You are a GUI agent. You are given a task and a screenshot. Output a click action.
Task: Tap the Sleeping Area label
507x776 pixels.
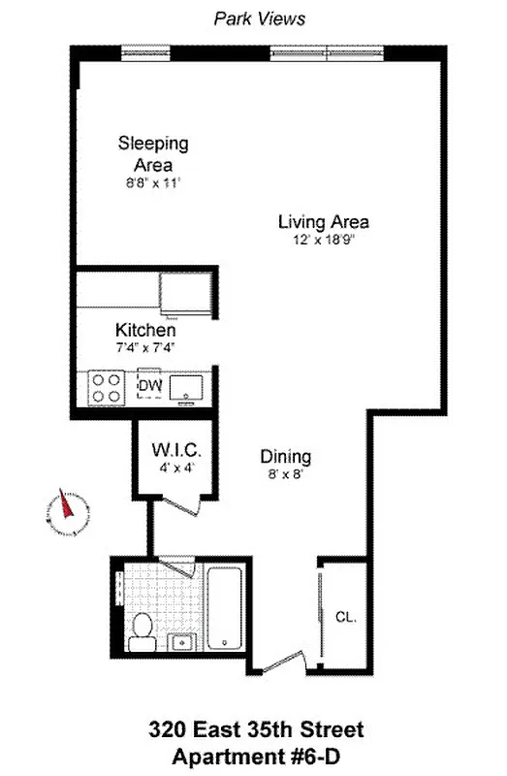click(x=152, y=153)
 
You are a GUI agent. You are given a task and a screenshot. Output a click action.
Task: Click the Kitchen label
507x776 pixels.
click(x=145, y=330)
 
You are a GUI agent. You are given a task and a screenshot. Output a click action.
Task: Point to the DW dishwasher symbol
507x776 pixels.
click(x=149, y=386)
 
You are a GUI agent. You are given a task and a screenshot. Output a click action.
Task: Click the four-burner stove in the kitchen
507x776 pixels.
click(x=106, y=388)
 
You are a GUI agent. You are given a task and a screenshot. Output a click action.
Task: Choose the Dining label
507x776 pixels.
click(x=285, y=456)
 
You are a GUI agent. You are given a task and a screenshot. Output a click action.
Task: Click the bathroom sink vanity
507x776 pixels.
click(x=182, y=641)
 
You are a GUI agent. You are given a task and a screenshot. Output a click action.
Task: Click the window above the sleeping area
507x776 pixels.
click(x=144, y=50)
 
